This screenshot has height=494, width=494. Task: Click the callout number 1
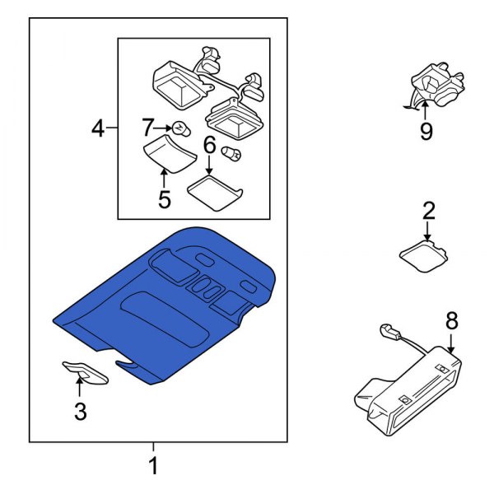[152, 467]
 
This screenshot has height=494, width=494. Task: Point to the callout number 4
[98, 129]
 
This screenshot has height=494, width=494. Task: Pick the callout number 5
[164, 198]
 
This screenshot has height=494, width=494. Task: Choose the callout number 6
[209, 147]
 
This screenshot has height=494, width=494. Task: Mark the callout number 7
[148, 128]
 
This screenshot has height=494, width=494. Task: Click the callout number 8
[450, 319]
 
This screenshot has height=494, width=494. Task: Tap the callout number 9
[426, 132]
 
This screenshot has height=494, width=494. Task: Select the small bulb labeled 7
[182, 128]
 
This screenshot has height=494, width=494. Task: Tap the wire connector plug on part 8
[386, 332]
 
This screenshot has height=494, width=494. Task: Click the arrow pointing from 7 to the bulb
[164, 128]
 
